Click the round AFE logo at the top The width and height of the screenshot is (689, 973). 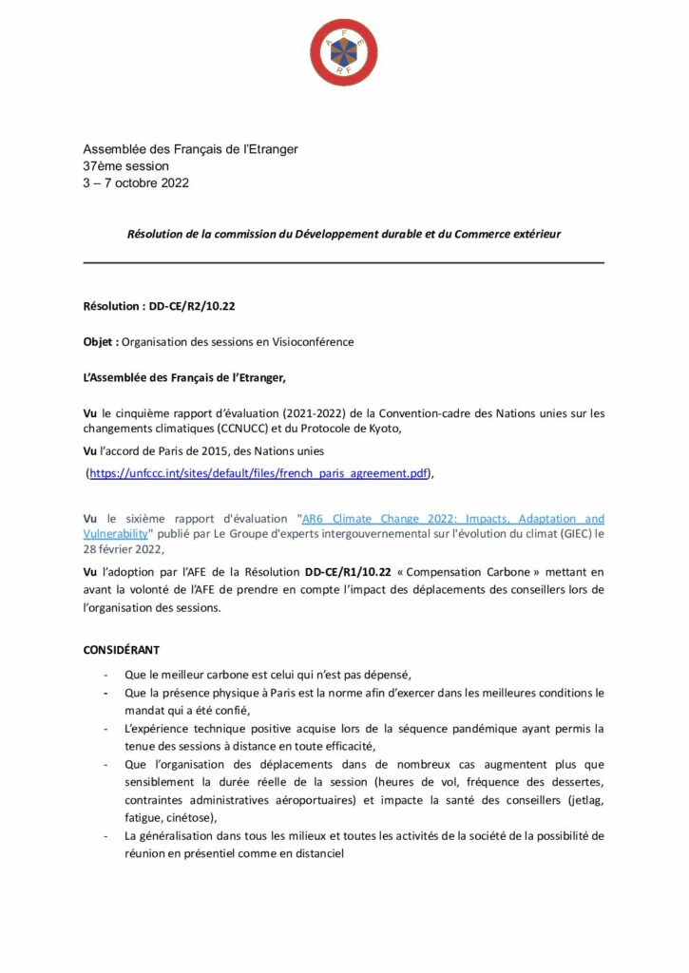click(344, 53)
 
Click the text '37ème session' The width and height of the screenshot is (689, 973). click(125, 166)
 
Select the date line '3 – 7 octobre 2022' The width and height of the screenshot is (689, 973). click(136, 182)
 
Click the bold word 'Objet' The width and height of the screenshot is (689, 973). click(101, 342)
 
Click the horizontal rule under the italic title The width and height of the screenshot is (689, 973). click(344, 262)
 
